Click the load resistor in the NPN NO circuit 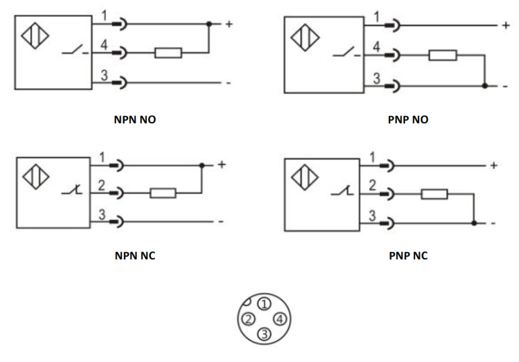(x=168, y=52)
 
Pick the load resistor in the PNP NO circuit (x=443, y=55)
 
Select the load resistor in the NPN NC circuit (x=163, y=193)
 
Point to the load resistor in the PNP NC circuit (x=435, y=195)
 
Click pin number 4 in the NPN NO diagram (x=104, y=45)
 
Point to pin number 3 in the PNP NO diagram (x=376, y=78)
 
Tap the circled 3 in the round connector (x=264, y=333)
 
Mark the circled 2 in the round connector (x=249, y=318)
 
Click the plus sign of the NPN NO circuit (x=229, y=24)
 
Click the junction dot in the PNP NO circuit (x=484, y=86)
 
